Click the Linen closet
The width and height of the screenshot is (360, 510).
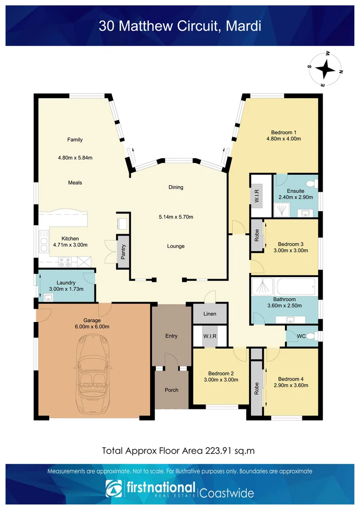pos(210,314)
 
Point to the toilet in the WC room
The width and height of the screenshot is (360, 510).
pos(315,336)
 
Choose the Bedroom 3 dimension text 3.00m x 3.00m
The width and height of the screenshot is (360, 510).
pos(291,250)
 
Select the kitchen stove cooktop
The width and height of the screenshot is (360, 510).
pos(64,262)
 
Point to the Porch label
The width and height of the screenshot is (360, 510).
pos(171,390)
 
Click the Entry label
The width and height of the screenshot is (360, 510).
pos(171,336)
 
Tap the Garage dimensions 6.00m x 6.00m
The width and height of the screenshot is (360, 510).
pos(92,326)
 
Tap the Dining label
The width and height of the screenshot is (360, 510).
pos(176,187)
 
